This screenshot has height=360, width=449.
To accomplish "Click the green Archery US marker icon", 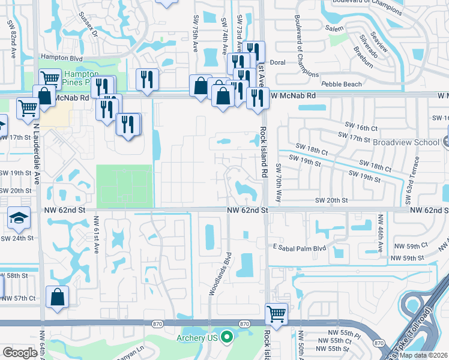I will (226, 337).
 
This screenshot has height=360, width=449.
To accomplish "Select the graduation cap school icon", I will (19, 217).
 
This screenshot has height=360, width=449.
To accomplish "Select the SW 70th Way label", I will (278, 179).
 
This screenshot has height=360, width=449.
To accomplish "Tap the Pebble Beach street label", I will (342, 85).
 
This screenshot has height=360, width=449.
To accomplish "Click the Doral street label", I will (277, 62).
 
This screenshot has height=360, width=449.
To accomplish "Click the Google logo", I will (20, 353).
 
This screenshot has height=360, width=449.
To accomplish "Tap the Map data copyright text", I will (424, 355).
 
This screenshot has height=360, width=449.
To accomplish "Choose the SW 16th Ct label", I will (361, 128).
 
